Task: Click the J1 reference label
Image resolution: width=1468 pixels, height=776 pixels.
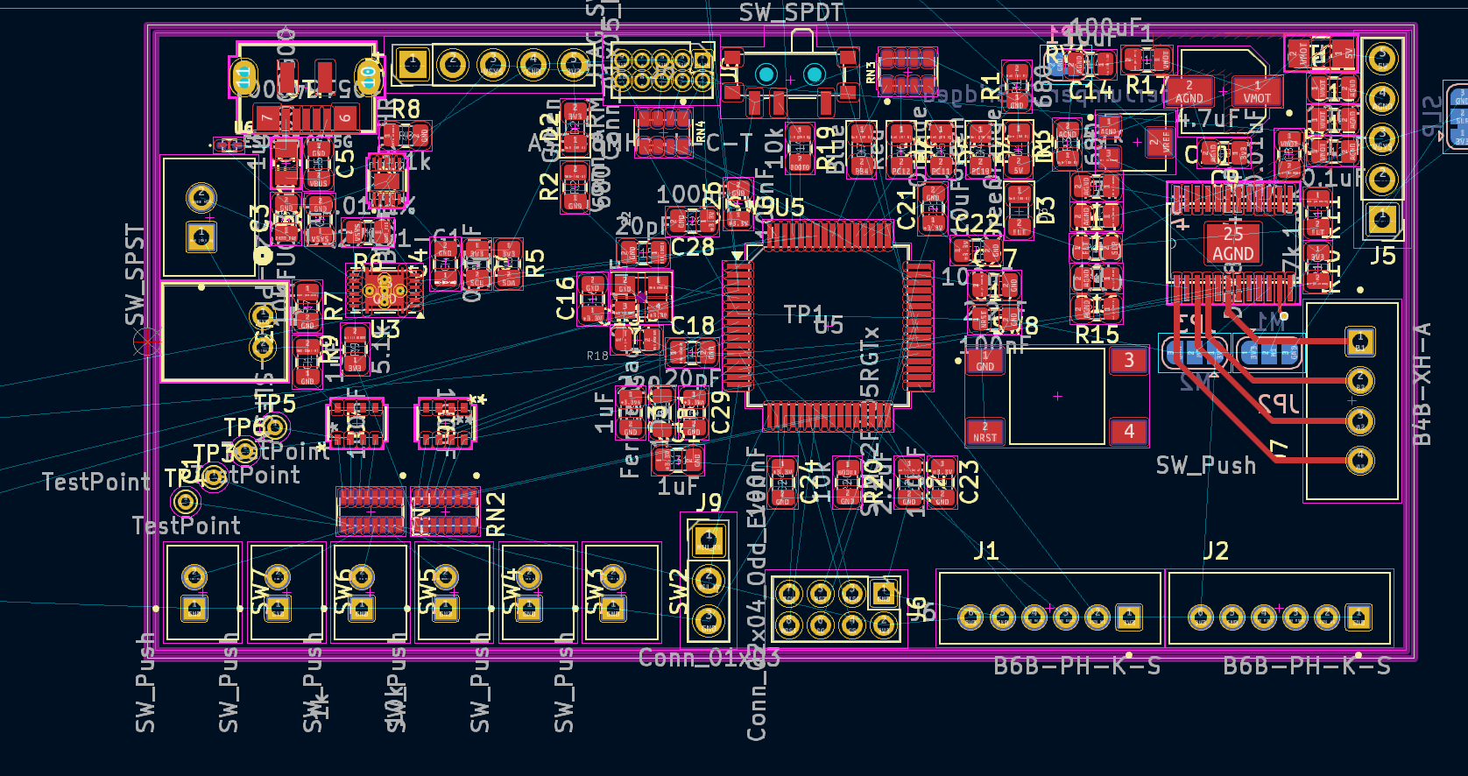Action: (986, 551)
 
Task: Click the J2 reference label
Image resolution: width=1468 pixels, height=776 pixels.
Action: (1215, 551)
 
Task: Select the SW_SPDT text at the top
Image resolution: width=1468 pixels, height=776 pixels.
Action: (791, 12)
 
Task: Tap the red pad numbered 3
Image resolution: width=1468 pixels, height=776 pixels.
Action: (1129, 360)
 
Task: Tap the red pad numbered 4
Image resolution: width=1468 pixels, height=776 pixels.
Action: (1129, 431)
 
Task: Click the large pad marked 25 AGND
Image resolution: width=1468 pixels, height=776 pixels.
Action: (1232, 243)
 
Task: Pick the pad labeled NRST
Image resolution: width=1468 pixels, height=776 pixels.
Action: (985, 432)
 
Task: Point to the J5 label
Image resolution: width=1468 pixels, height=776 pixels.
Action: (1382, 256)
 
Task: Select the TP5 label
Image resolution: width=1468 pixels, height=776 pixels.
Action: (275, 403)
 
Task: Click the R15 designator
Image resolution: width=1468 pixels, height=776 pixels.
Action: (1097, 335)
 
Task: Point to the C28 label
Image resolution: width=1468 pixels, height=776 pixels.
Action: (692, 248)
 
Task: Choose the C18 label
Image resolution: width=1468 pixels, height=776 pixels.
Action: (692, 326)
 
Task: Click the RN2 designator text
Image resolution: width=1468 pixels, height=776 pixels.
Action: (496, 513)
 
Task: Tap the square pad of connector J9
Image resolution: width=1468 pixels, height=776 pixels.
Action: (709, 540)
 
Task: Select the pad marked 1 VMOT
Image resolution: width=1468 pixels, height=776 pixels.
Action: (1257, 91)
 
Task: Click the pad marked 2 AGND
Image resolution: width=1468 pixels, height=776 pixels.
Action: (1189, 91)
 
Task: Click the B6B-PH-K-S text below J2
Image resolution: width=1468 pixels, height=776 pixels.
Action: (1306, 667)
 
